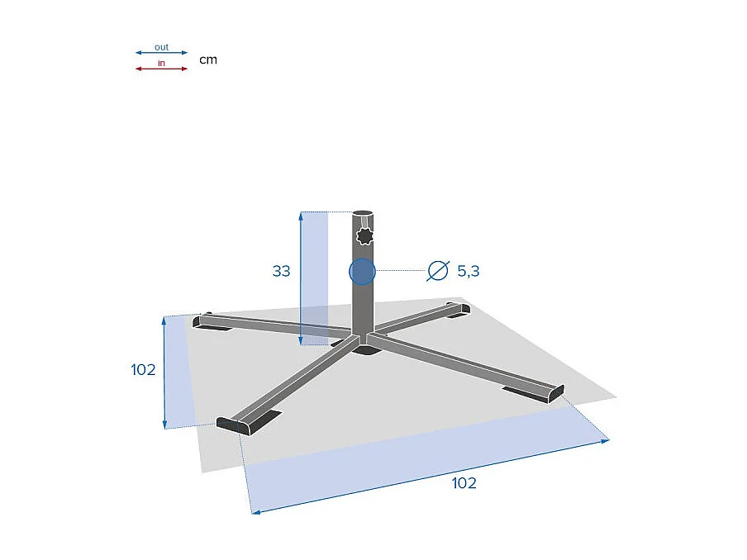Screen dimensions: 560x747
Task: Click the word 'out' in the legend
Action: point(161,47)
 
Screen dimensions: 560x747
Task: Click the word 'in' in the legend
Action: point(161,63)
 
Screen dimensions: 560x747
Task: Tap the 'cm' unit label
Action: point(208,59)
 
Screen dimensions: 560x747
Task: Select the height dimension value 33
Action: point(281,270)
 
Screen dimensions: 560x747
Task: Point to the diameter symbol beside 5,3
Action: point(437,270)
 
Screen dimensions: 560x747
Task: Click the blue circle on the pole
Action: point(362,271)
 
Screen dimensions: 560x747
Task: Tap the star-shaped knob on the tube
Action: point(364,237)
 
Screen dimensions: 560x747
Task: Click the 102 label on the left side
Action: point(143,370)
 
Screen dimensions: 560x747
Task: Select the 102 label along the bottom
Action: point(464,483)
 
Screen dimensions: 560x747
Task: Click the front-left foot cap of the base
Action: point(234,425)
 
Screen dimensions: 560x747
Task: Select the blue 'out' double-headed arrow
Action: point(161,54)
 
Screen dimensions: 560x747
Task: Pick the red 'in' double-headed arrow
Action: point(161,69)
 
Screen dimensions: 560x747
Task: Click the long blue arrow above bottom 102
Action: point(430,477)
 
